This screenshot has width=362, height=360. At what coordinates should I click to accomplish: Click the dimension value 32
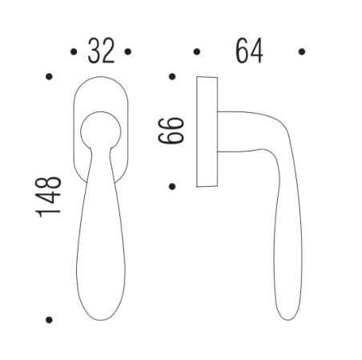coord(100,52)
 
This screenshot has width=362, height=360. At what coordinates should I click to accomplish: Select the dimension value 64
coord(250,52)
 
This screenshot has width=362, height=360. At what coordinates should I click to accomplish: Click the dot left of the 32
coord(73,53)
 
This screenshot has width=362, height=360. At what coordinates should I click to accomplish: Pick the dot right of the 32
coord(128,53)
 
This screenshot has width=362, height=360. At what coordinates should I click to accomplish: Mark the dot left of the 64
coord(197,53)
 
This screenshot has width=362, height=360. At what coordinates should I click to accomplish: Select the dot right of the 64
coord(302,53)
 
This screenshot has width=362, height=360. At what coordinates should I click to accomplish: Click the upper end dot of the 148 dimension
coord(49,78)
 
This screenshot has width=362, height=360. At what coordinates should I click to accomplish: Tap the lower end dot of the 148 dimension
coord(49,319)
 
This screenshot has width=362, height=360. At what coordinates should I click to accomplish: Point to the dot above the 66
coord(172,78)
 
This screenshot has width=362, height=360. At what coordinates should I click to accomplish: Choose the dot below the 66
coord(172,187)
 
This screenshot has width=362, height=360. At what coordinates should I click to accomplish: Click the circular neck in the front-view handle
coord(100,126)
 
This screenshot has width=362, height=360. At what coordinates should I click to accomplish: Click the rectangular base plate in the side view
coord(206,132)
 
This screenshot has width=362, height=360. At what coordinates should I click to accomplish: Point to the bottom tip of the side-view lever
coord(291,317)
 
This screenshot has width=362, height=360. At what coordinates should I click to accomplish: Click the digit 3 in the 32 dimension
coord(93,52)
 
